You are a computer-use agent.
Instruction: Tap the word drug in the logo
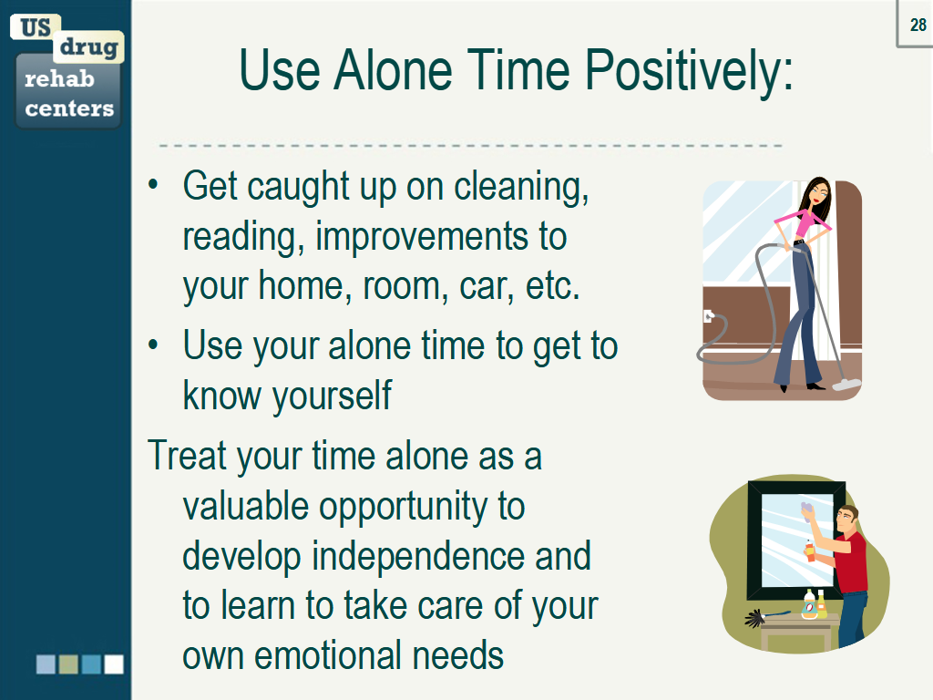click(x=88, y=46)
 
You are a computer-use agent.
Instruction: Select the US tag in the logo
click(x=36, y=27)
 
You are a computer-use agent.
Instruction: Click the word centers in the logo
click(x=69, y=108)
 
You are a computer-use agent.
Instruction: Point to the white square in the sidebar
click(x=114, y=664)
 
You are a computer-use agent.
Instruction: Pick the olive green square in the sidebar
click(x=68, y=664)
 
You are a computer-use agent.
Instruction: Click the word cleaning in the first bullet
click(x=521, y=188)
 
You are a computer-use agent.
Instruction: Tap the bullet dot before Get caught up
click(x=153, y=184)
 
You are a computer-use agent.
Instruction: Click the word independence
click(x=417, y=557)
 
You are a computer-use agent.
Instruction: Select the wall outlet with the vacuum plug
click(x=708, y=315)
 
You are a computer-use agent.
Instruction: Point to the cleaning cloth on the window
click(x=807, y=512)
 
